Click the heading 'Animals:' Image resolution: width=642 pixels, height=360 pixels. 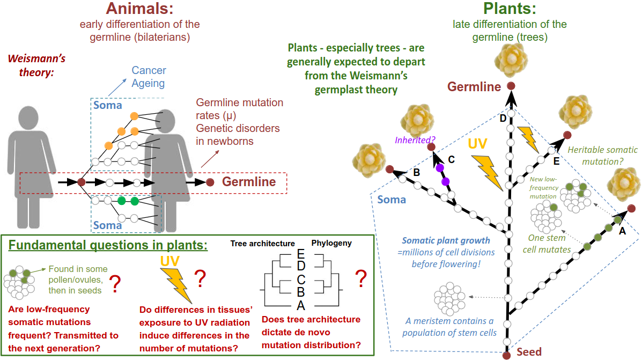(139, 9)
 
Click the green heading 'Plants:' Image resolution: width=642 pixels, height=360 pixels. (510, 9)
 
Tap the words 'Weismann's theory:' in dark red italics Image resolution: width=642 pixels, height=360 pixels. (36, 65)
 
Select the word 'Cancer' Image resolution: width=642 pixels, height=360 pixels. (149, 70)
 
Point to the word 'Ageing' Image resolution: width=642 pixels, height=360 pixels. (148, 84)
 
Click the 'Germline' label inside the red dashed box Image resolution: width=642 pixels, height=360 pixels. (249, 182)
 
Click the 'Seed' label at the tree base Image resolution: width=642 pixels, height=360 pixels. (529, 352)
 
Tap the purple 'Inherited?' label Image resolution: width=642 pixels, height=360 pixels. (415, 140)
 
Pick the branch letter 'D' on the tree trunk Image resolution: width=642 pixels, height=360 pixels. (503, 119)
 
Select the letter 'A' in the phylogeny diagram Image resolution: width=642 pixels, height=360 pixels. (301, 305)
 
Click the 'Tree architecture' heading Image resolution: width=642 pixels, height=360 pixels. (262, 244)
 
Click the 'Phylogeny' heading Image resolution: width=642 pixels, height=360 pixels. (331, 243)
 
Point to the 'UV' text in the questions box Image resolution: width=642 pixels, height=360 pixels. (170, 261)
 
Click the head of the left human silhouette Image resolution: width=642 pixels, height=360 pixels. (28, 119)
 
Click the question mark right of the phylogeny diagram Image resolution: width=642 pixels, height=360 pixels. (361, 278)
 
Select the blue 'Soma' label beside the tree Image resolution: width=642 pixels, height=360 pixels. (392, 200)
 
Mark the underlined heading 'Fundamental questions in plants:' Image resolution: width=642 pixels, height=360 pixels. (108, 245)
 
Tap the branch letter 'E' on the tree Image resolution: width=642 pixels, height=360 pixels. (556, 161)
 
